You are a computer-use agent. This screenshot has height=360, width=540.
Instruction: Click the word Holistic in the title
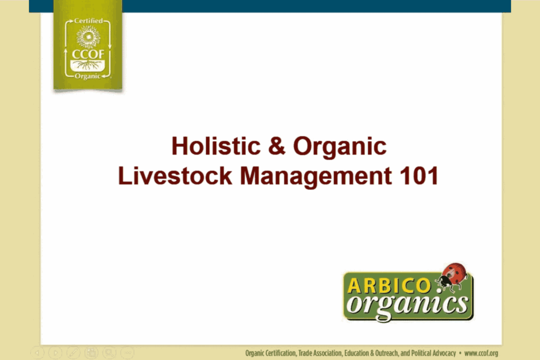coord(216,146)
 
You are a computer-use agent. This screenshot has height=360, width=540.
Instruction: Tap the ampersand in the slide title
coord(277,146)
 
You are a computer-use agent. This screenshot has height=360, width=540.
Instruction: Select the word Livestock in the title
coord(175,176)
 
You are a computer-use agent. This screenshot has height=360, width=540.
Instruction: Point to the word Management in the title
coord(315,177)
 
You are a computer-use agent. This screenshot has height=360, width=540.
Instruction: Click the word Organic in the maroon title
coord(340,147)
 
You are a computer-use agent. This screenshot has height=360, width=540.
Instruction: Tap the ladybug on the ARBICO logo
coord(452,277)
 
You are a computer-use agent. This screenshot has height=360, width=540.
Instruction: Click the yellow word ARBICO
coord(389,286)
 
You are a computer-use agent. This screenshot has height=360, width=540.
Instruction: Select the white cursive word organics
coord(408,305)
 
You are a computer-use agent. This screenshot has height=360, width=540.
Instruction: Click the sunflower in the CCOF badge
coord(88,36)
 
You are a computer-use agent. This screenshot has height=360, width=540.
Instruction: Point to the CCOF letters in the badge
coord(88,54)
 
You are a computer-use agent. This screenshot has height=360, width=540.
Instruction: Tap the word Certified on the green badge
coord(89,21)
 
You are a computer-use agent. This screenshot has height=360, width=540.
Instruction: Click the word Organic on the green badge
coord(88,76)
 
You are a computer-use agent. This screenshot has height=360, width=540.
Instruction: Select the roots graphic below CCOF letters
coord(88,65)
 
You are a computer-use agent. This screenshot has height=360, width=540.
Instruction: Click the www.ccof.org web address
coord(481,353)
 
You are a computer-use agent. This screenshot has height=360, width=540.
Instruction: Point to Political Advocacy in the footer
coord(433,353)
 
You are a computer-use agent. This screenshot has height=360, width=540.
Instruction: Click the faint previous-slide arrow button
coord(37,353)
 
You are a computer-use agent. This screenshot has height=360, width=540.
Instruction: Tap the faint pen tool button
coord(73,353)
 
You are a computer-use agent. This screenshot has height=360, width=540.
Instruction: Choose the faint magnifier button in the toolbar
coord(109,353)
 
